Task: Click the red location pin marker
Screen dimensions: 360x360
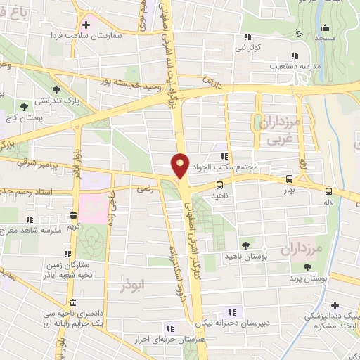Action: (181, 165)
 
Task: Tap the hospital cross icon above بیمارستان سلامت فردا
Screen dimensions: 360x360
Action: (86, 24)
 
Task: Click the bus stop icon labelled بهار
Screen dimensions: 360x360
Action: (290, 179)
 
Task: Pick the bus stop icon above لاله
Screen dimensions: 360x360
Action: (329, 191)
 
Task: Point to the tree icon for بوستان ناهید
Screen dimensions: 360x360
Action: (245, 245)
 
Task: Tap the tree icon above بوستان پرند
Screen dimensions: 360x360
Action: (307, 266)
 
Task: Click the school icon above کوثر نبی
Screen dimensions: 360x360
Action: (247, 37)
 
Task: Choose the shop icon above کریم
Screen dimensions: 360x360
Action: (74, 216)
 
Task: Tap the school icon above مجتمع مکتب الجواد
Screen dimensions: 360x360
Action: (224, 156)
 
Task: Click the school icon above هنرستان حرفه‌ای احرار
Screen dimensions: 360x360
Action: (169, 328)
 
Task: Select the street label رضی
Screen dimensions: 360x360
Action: (145, 188)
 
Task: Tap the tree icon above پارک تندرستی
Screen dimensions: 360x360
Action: (25, 107)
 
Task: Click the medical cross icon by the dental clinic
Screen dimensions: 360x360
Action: (335, 305)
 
